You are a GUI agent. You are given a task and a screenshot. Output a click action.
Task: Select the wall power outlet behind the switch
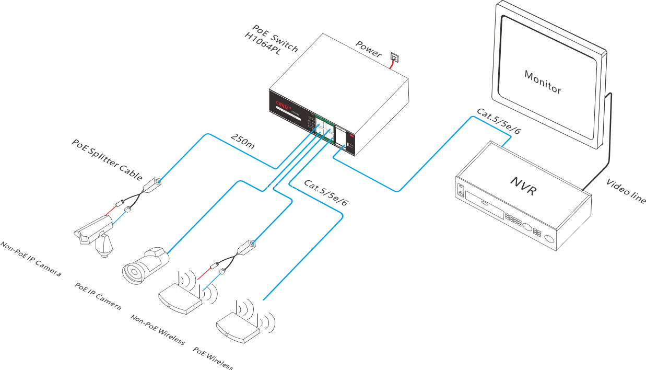coord(395,55)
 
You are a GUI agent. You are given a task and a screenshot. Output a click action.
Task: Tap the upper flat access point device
coord(180,298)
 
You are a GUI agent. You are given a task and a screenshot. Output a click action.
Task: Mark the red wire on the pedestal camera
coord(111,210)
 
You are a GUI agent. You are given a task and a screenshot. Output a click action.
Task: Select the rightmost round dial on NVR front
coord(549,239)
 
